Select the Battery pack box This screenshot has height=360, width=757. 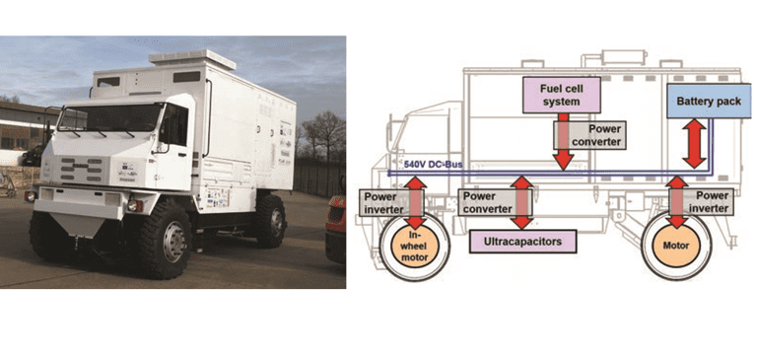(x=705, y=100)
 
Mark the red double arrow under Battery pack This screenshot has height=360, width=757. (x=695, y=142)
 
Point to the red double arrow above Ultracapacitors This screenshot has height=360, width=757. (x=521, y=202)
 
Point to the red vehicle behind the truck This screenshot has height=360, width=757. (x=336, y=227)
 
